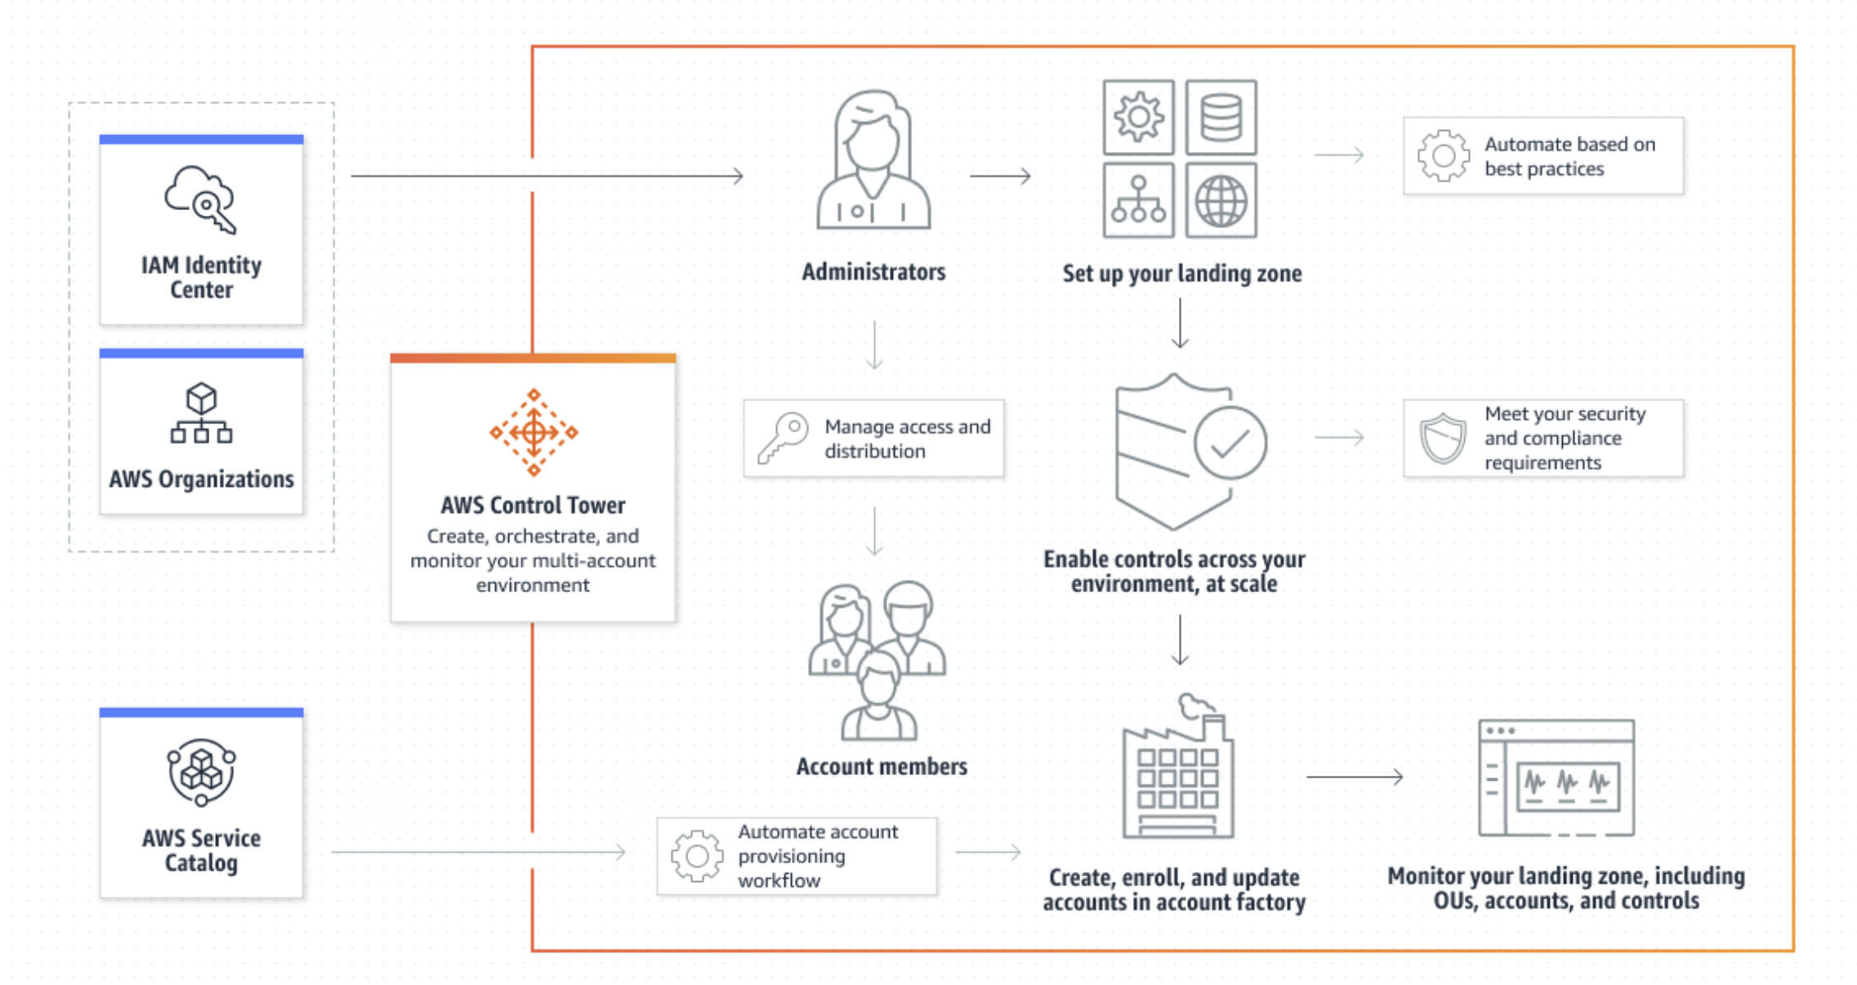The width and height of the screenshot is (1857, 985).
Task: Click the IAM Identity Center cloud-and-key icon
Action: [200, 199]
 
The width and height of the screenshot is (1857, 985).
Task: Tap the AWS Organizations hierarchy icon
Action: [201, 413]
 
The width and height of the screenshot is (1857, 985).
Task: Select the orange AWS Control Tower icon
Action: [534, 432]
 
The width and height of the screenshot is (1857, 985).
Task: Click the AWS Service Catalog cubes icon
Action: [201, 772]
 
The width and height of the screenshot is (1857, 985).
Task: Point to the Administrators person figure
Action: [873, 161]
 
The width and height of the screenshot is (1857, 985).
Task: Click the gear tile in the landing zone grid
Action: [1139, 117]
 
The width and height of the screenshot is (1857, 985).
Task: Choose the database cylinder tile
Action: [1221, 117]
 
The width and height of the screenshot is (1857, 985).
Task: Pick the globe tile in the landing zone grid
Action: [1221, 200]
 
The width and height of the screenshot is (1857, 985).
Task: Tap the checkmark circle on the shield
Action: [1230, 443]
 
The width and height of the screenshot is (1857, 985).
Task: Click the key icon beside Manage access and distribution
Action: [783, 438]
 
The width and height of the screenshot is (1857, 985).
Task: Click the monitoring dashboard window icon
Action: [1555, 777]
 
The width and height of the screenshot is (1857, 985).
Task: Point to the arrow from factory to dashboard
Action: [1354, 776]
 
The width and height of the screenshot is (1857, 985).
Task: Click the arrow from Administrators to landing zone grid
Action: [1000, 175]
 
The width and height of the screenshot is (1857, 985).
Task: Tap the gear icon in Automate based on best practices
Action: [1443, 155]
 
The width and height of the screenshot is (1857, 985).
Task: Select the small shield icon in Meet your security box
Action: [1443, 437]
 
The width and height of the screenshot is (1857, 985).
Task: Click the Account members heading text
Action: [882, 767]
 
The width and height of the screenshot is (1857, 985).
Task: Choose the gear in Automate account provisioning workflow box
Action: [697, 856]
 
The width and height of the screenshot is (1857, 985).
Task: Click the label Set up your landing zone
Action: [1181, 273]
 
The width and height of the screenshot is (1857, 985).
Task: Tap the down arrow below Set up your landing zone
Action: [1180, 324]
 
